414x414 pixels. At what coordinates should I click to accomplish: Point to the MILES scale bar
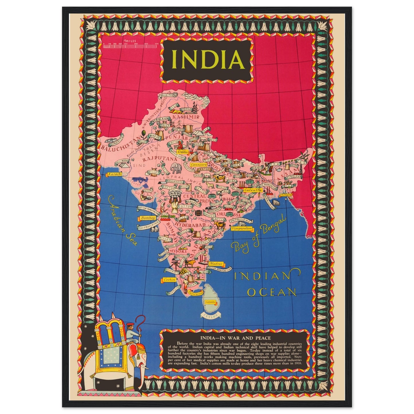click(130, 45)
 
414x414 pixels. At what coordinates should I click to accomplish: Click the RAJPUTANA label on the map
click(156, 158)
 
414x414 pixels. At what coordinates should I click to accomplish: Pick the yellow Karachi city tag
click(114, 174)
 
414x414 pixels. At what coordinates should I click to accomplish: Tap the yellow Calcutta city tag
click(253, 190)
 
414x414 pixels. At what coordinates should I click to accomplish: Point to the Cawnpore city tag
click(198, 165)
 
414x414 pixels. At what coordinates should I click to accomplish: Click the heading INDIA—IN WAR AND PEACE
click(235, 338)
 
